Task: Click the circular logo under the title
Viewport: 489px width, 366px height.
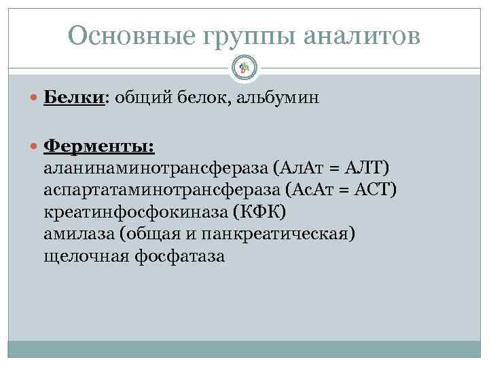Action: pyautogui.click(x=244, y=66)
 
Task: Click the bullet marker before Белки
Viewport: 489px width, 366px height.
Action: pyautogui.click(x=35, y=98)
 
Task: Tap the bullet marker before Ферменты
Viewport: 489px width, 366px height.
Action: pyautogui.click(x=35, y=146)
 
